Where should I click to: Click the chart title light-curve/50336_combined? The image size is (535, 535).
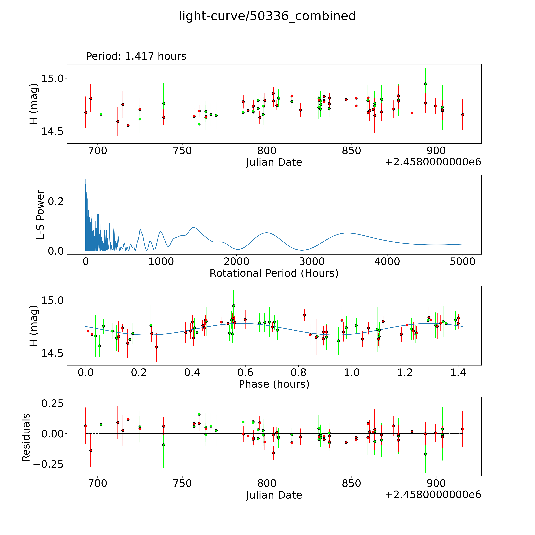pyautogui.click(x=267, y=16)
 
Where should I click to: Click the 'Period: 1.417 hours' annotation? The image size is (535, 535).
pyautogui.click(x=136, y=56)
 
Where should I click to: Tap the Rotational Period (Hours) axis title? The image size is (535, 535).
pyautogui.click(x=274, y=273)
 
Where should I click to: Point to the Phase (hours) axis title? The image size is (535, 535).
pyautogui.click(x=274, y=384)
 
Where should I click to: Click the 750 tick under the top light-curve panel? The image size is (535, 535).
pyautogui.click(x=182, y=151)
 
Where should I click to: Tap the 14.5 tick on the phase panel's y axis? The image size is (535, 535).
pyautogui.click(x=53, y=353)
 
